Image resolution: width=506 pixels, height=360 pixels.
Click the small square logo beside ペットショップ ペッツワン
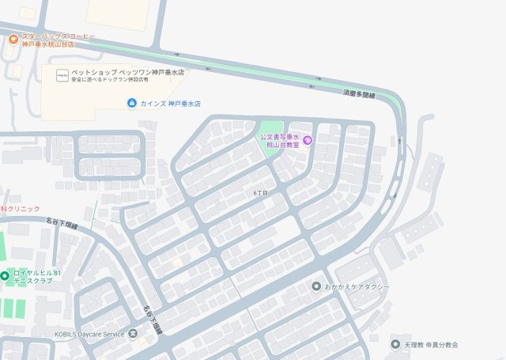click(62, 74)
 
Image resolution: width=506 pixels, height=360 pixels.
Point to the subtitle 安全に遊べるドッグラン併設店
click(110, 80)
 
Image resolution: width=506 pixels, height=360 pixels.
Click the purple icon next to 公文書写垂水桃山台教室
click(308, 141)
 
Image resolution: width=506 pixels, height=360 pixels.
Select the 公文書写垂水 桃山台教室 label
click(281, 141)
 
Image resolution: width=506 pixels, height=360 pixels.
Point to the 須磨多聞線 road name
click(359, 94)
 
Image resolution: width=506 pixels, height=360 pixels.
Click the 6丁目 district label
click(261, 193)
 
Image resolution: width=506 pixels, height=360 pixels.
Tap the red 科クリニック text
click(19, 207)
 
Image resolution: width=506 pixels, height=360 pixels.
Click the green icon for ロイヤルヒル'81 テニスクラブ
click(5, 276)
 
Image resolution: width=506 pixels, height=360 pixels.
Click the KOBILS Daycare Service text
click(90, 334)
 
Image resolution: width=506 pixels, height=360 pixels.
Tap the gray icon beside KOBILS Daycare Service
click(132, 334)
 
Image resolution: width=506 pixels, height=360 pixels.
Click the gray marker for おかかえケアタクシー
click(316, 286)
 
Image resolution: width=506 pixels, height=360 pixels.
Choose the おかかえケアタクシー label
click(357, 286)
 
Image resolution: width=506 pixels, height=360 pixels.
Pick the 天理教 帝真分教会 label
click(431, 345)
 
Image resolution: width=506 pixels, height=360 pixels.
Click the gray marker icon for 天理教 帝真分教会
click(395, 344)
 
